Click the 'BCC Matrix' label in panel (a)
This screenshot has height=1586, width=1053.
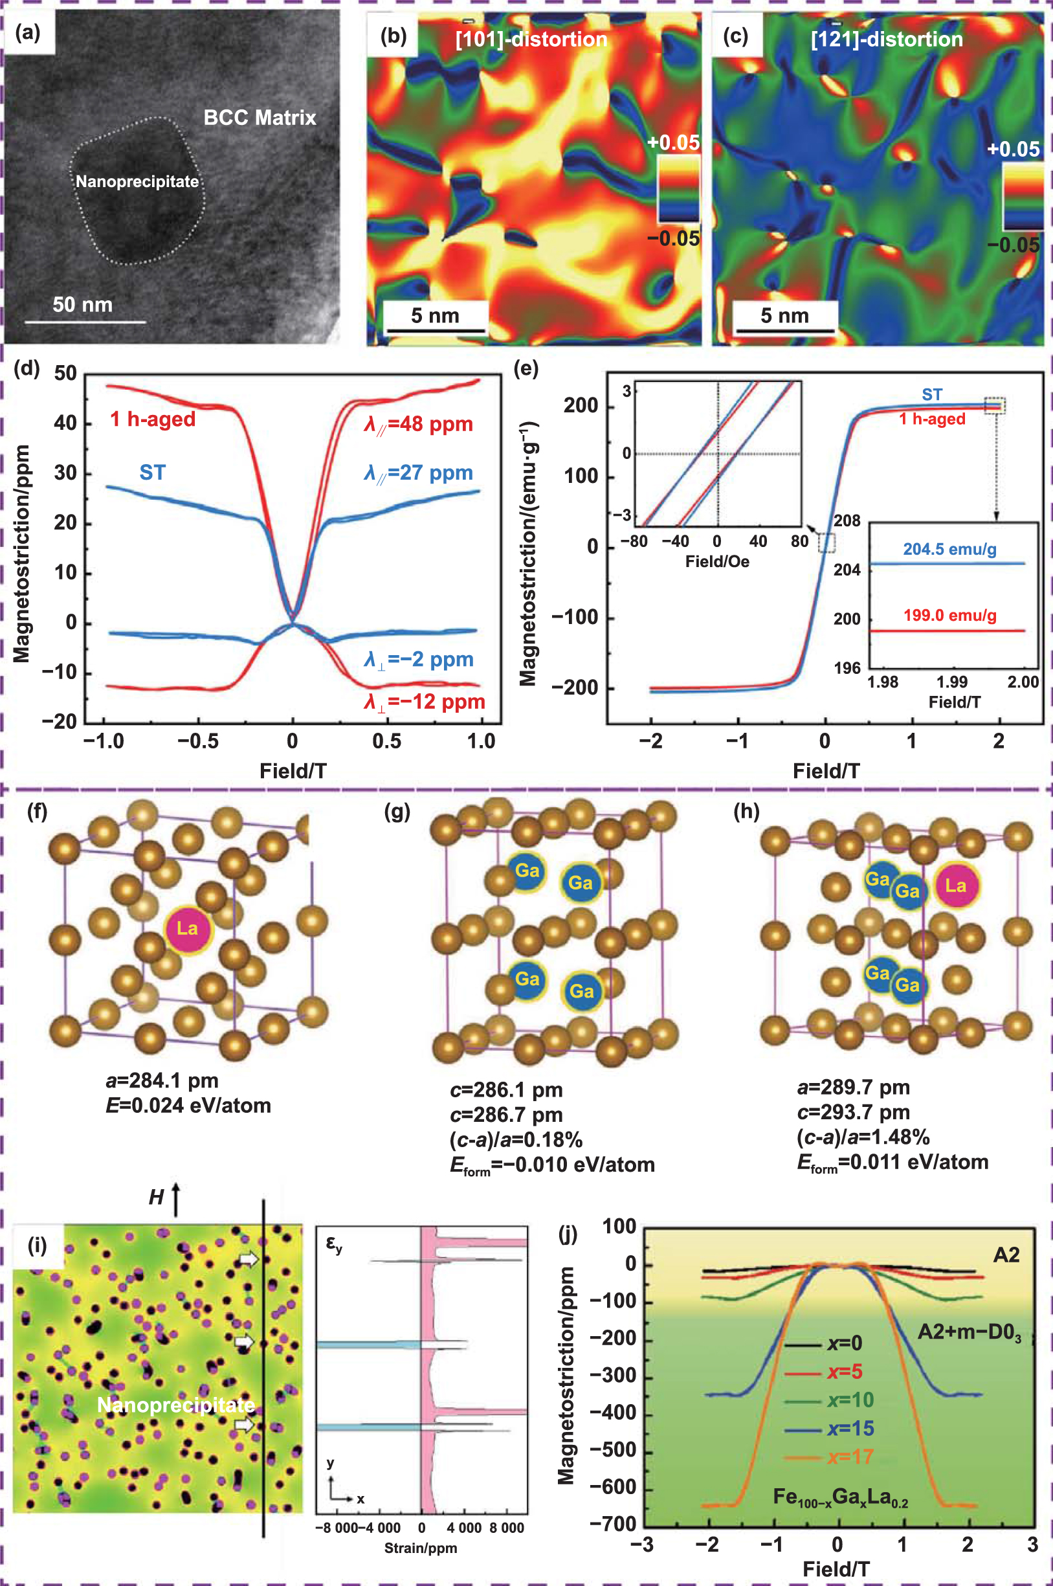pos(260,118)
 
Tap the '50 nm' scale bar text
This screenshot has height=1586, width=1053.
pos(83,305)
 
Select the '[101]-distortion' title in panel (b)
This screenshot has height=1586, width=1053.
pos(531,39)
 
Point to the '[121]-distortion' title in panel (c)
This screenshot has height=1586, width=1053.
pos(887,39)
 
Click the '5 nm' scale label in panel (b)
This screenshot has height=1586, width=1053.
pos(434,316)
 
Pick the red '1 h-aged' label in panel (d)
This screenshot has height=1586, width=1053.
pos(153,419)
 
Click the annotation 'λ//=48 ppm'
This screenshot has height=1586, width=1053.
pos(418,425)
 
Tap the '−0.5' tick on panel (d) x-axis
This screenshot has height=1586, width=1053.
pos(198,742)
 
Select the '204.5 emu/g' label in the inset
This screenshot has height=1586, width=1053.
pos(949,549)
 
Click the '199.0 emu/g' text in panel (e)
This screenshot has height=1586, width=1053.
pos(949,616)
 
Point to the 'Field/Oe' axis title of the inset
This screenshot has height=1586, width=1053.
pos(716,562)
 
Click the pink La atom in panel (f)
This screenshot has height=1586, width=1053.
pos(187,928)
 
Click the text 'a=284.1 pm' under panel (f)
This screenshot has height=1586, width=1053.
pos(162,1080)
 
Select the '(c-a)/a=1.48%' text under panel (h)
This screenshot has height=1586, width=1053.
pos(863,1137)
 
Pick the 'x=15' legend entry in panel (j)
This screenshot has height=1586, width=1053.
pos(850,1428)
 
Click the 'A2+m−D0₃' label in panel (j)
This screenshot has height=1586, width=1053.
pos(968,1331)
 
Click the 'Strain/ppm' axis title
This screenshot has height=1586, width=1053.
pos(421,1548)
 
